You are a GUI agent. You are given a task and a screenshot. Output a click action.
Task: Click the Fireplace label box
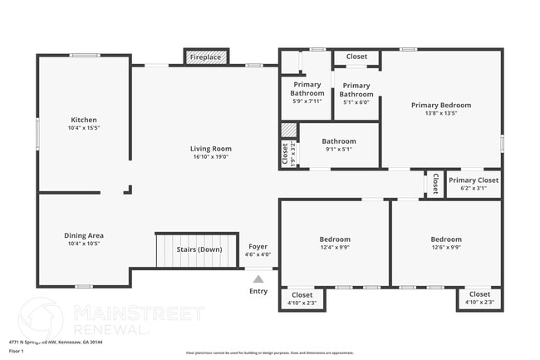tap(205, 57)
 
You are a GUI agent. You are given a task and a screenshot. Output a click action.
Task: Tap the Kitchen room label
tap(83, 120)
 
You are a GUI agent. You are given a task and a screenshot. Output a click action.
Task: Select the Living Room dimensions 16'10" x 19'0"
tap(211, 156)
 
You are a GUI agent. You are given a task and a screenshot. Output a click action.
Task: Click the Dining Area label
tap(83, 235)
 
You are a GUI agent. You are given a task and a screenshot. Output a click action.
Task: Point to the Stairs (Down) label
tap(199, 249)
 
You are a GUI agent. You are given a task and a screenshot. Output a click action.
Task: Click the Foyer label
tap(258, 246)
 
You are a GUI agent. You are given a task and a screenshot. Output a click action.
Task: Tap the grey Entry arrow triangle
tap(258, 279)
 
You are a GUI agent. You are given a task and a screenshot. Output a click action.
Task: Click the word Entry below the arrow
tap(258, 291)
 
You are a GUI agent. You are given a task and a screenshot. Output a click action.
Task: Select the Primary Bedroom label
tap(441, 106)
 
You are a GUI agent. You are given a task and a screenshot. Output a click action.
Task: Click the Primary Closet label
tap(474, 180)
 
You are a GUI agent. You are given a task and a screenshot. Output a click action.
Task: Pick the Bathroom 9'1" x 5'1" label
tap(339, 141)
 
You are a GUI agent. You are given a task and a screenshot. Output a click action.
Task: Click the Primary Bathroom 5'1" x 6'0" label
tap(356, 90)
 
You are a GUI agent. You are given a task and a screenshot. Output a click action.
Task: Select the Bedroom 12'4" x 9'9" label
tap(335, 239)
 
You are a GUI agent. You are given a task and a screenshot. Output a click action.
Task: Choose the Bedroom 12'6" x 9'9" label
tap(446, 239)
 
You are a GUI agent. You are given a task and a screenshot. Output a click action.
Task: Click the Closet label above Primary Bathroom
tap(356, 57)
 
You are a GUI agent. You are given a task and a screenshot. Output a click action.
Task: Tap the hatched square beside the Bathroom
tap(288, 131)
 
